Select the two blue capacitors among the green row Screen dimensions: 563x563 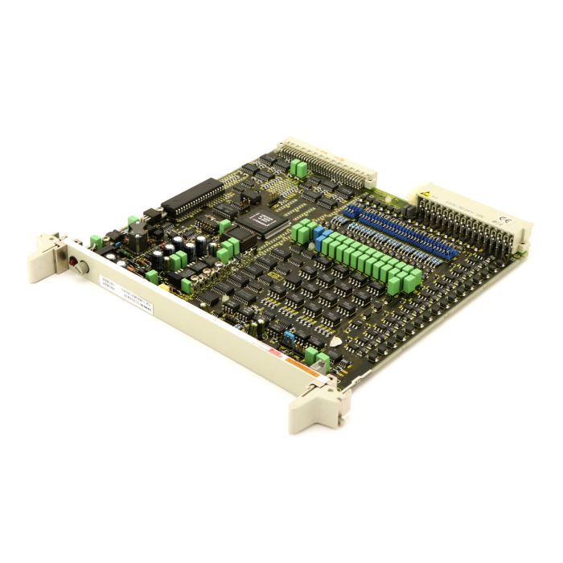click(x=321, y=236)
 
